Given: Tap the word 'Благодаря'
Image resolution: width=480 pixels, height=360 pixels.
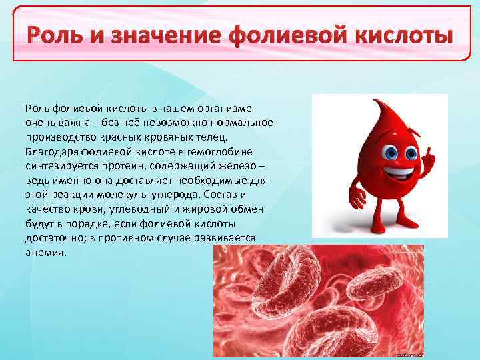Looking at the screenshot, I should tap(49, 152).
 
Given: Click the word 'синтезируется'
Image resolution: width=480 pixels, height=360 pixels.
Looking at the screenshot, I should tap(59, 167).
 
